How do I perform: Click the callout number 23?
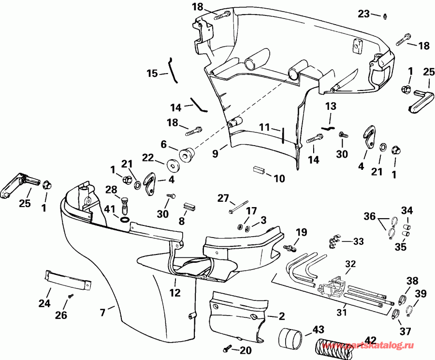(x=363, y=14)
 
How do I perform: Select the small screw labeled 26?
(x=70, y=296)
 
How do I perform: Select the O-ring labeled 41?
(x=124, y=220)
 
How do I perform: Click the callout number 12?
(x=175, y=293)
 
